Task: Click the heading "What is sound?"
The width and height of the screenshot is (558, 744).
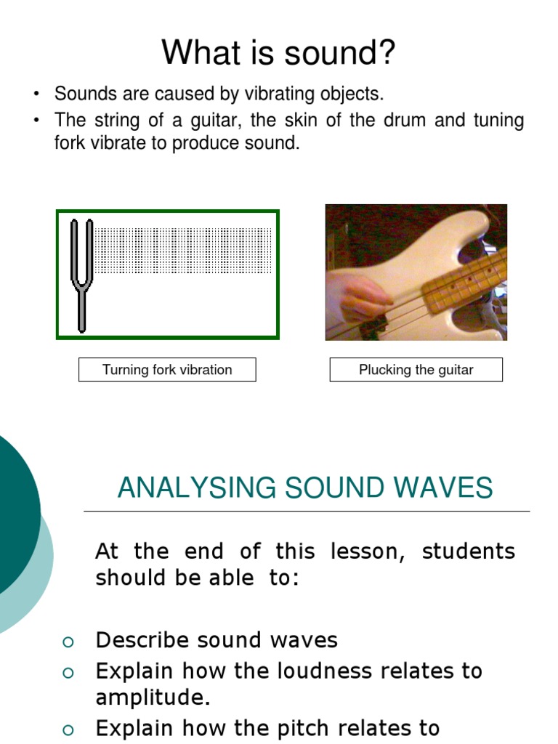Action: pos(278,53)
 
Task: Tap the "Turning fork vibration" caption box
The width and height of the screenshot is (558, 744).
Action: pos(167,370)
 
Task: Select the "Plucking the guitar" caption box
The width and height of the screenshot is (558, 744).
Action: pos(416,370)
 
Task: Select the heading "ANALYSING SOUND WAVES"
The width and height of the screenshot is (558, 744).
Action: pos(305,488)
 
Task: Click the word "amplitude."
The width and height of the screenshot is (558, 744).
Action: pos(153,697)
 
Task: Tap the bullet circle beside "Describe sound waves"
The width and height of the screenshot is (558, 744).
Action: pos(68,641)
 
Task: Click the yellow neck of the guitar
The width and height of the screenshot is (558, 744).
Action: pos(465,280)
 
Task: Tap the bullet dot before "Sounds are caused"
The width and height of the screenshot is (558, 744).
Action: pos(36,94)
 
